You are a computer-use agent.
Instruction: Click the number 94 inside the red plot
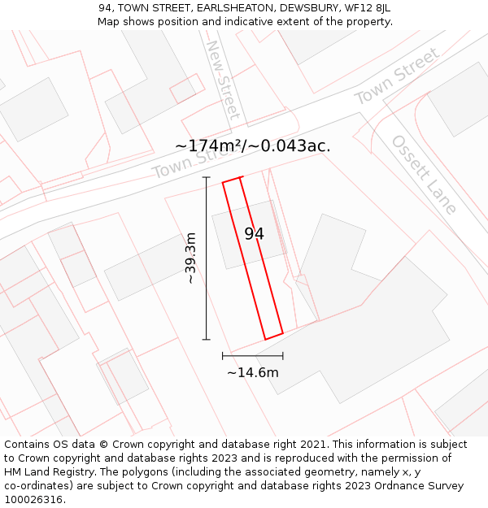(x=254, y=234)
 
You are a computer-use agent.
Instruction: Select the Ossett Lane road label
(x=424, y=174)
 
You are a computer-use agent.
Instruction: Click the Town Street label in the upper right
(x=397, y=76)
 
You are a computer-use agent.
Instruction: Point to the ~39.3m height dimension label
(x=190, y=258)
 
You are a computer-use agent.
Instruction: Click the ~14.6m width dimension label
(x=252, y=373)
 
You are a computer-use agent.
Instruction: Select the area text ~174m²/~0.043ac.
(x=253, y=146)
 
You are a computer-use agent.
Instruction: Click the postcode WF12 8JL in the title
(x=368, y=8)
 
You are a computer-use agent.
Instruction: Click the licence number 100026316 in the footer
(x=33, y=500)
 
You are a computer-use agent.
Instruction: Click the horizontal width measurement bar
(x=253, y=356)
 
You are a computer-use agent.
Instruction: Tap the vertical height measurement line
(x=207, y=258)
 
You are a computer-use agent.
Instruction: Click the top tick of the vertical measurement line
(x=207, y=177)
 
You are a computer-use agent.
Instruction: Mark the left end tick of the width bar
(x=223, y=356)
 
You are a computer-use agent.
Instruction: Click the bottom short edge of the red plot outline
(x=273, y=336)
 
